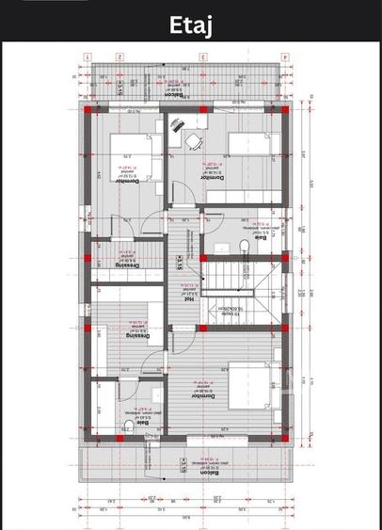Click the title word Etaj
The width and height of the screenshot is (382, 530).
(191, 24)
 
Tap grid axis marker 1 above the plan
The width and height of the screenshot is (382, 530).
(87, 56)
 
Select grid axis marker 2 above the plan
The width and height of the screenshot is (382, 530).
(119, 56)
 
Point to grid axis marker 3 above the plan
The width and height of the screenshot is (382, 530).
(200, 56)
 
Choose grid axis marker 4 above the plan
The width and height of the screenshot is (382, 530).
(282, 56)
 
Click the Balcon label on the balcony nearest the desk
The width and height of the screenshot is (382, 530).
(172, 94)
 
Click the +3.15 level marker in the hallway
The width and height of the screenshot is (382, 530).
(178, 260)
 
